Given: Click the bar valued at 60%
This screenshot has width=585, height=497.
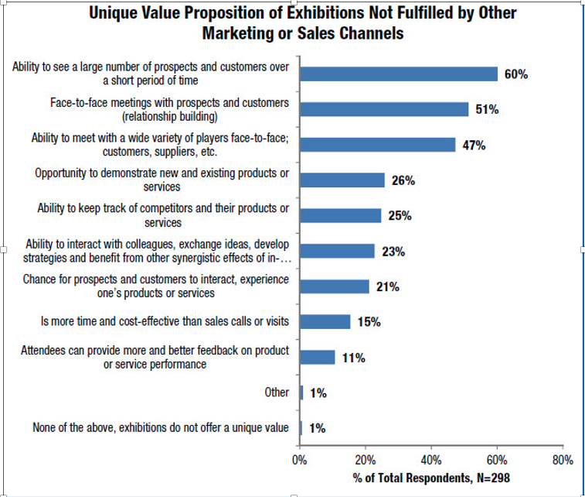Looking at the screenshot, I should [399, 74].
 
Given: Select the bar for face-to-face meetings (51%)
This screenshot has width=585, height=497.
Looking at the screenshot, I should [384, 109].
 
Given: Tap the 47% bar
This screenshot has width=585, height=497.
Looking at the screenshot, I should [378, 145].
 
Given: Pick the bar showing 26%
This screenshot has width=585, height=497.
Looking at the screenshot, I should [342, 180].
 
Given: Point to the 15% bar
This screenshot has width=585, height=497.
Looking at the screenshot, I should [325, 321].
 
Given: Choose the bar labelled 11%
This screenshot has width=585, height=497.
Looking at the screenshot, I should [318, 358].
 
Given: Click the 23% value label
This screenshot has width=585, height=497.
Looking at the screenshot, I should [393, 252].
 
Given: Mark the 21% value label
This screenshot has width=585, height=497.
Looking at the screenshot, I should [387, 287].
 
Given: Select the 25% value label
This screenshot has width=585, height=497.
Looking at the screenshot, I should [400, 216].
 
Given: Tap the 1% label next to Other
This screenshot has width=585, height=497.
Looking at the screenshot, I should [318, 393].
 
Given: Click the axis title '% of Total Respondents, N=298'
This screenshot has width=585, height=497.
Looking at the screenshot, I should [431, 478].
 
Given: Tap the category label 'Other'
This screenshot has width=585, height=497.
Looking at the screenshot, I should [277, 392].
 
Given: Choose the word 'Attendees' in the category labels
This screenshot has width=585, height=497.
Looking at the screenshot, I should [44, 351].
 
